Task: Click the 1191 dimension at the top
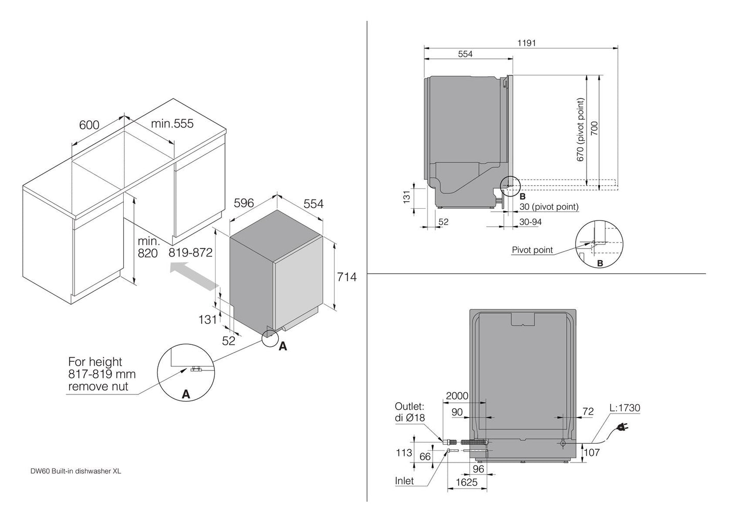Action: [526, 43]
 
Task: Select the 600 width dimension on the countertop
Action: [89, 125]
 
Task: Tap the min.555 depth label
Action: [172, 123]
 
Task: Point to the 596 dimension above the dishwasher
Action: [243, 203]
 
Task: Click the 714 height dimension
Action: [347, 277]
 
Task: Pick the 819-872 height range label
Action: [190, 252]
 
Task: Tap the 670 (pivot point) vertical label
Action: [580, 130]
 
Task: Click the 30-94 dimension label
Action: [530, 222]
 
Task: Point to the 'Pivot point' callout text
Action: [532, 250]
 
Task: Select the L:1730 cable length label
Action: [624, 408]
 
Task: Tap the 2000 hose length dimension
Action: [457, 396]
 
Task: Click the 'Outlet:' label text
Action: [409, 406]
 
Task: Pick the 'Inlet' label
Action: [404, 481]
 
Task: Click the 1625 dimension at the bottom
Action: [466, 482]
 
